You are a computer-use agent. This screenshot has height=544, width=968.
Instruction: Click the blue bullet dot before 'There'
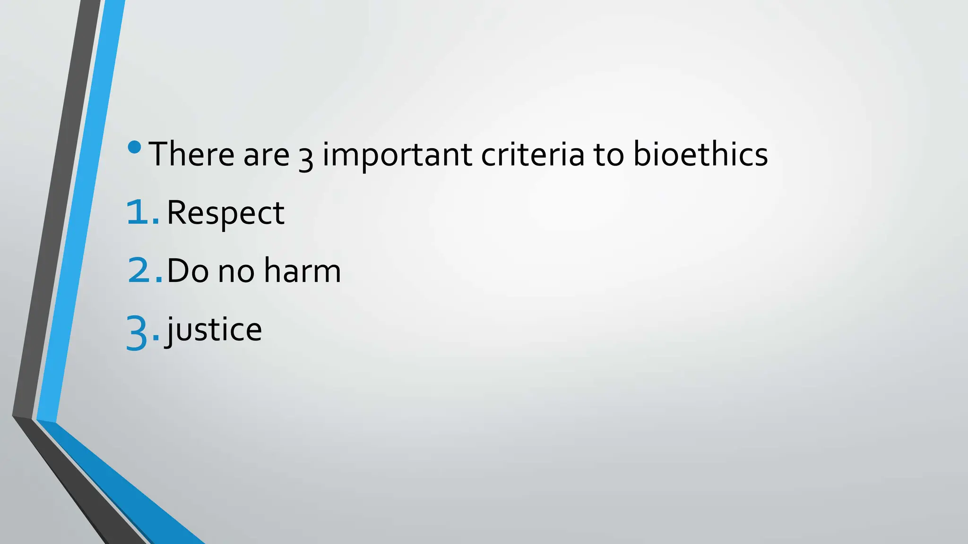pyautogui.click(x=135, y=147)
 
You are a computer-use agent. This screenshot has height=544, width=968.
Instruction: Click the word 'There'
pyautogui.click(x=190, y=154)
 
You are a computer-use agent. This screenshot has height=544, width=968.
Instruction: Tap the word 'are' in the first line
pyautogui.click(x=266, y=155)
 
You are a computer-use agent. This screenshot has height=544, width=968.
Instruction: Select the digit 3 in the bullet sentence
pyautogui.click(x=306, y=158)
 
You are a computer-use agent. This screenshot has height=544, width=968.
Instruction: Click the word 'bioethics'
pyautogui.click(x=700, y=154)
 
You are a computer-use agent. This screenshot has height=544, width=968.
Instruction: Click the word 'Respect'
pyautogui.click(x=225, y=213)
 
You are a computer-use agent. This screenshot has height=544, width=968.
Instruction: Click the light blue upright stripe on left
pyautogui.click(x=80, y=212)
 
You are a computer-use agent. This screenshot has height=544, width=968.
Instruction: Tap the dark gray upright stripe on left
pyautogui.click(x=54, y=212)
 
